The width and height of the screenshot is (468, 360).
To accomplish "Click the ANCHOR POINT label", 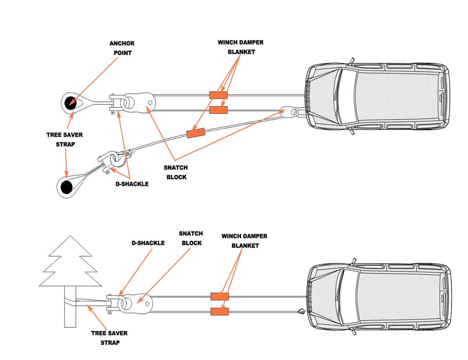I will tap(122, 48).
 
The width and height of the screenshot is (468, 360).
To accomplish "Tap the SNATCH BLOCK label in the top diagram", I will tap(175, 172).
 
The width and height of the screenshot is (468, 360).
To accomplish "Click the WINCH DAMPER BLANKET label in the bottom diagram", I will tap(244, 241).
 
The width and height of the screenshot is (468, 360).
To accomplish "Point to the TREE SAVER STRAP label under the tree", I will tap(109, 338).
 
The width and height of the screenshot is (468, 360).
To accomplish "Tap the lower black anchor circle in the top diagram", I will tap(66, 187).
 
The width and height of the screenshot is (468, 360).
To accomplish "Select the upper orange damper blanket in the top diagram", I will tap(218, 95).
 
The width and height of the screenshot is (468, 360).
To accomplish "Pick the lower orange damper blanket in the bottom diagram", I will tap(219, 312).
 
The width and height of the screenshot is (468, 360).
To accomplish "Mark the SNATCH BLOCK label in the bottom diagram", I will tap(191, 238).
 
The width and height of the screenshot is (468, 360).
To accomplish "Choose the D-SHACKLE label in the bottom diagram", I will tap(148, 243).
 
